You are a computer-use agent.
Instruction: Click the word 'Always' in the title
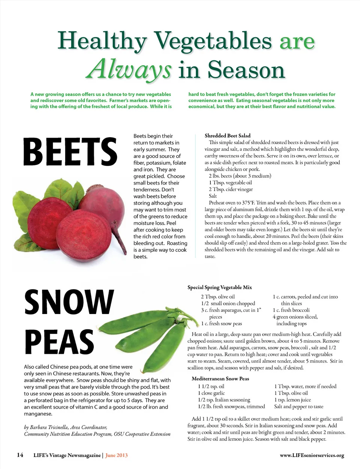(129, 70)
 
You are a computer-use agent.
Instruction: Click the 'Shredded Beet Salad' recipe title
(227, 135)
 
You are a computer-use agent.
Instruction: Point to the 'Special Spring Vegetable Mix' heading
(220, 287)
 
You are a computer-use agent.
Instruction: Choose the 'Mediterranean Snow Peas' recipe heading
(220, 379)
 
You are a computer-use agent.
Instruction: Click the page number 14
(20, 455)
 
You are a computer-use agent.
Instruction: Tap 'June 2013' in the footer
(117, 455)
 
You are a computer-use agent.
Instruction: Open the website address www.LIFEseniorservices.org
(312, 455)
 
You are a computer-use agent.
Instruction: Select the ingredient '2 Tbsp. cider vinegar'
(231, 189)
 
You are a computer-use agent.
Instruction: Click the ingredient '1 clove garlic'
(211, 393)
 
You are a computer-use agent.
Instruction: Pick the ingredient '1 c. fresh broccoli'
(291, 310)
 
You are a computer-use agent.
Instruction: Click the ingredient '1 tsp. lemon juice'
(292, 400)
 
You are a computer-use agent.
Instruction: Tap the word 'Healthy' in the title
(102, 41)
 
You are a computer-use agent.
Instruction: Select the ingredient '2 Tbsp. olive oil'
(218, 297)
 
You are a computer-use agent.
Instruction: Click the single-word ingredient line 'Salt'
(213, 196)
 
